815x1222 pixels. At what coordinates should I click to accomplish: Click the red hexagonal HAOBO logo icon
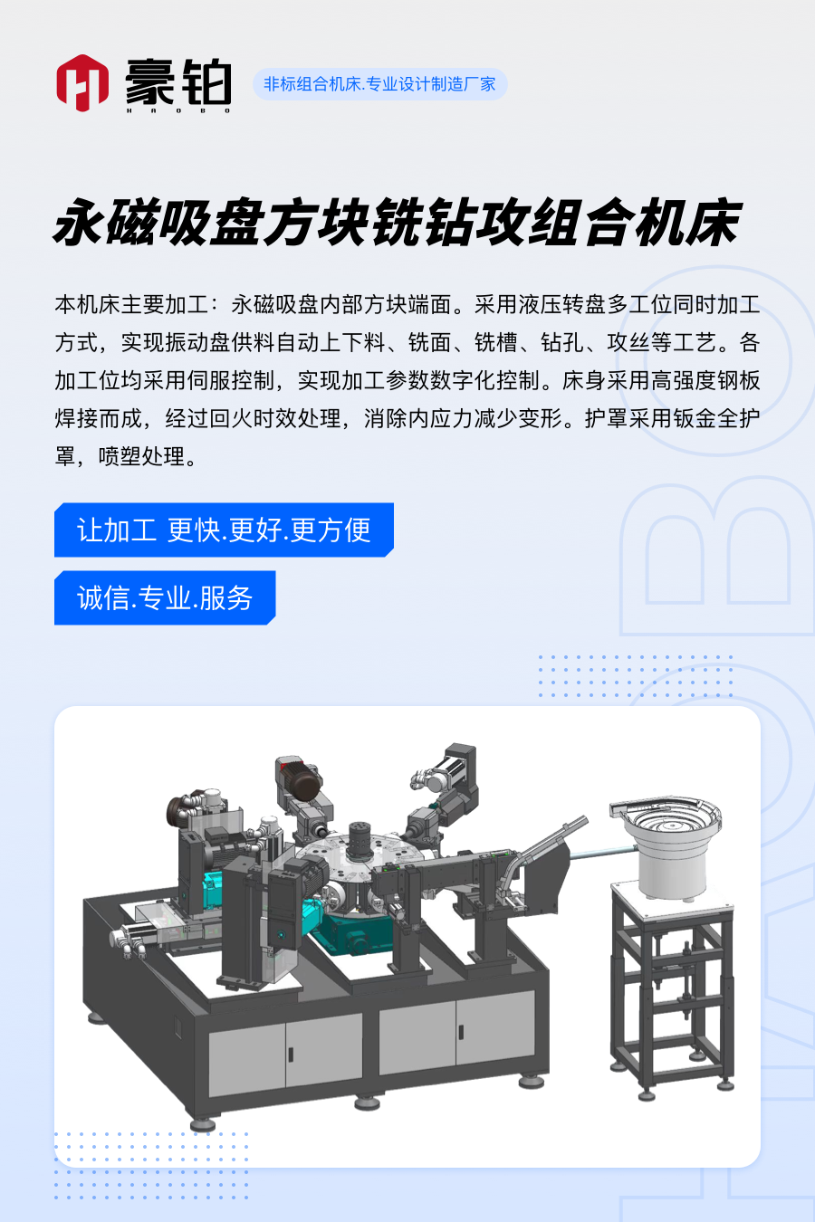82,83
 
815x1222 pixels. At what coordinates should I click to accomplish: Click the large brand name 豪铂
178,81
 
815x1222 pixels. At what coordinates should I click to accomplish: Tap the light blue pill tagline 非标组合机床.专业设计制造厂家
380,84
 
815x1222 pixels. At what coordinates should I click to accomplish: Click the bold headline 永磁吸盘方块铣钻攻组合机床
397,223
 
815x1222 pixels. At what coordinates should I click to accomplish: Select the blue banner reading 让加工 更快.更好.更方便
224,530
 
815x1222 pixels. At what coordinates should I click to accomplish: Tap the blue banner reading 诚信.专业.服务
165,598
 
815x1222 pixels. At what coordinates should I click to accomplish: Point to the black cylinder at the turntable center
360,841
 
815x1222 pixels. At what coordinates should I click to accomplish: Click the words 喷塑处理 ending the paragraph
142,456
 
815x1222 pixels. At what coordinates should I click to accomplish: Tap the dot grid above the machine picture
636,676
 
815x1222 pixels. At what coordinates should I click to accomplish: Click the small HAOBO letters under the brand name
178,110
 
